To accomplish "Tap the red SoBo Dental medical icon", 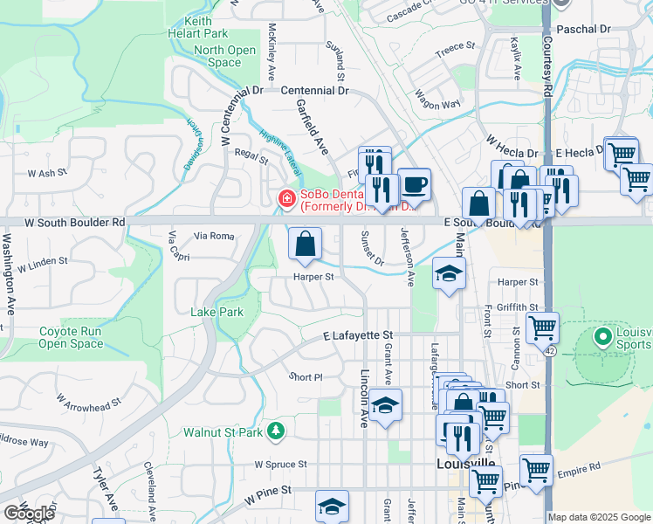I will (x=285, y=200).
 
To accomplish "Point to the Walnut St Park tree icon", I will (x=276, y=431).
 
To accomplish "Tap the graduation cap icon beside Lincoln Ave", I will (x=385, y=405).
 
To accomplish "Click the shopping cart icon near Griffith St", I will (x=542, y=329).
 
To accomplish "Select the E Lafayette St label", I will (x=358, y=335).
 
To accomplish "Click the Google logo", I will (x=29, y=514).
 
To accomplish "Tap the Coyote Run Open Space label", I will (x=72, y=337).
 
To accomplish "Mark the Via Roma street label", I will (x=214, y=236).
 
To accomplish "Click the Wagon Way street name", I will (x=437, y=99).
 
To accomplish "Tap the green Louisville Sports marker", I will (x=602, y=335).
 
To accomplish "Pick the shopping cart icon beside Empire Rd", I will (x=535, y=469).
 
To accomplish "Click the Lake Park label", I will (x=217, y=312).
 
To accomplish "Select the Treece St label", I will (x=455, y=46).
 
